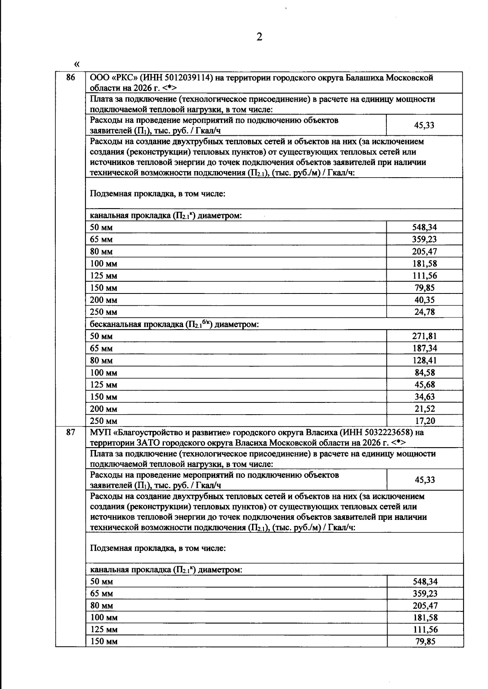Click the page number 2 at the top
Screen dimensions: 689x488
click(259, 37)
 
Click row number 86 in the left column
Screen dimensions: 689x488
click(71, 78)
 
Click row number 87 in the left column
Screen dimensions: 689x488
click(71, 433)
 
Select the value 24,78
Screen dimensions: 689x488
click(425, 312)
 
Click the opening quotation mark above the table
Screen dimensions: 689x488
click(77, 64)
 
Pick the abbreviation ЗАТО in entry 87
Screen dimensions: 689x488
click(138, 443)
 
